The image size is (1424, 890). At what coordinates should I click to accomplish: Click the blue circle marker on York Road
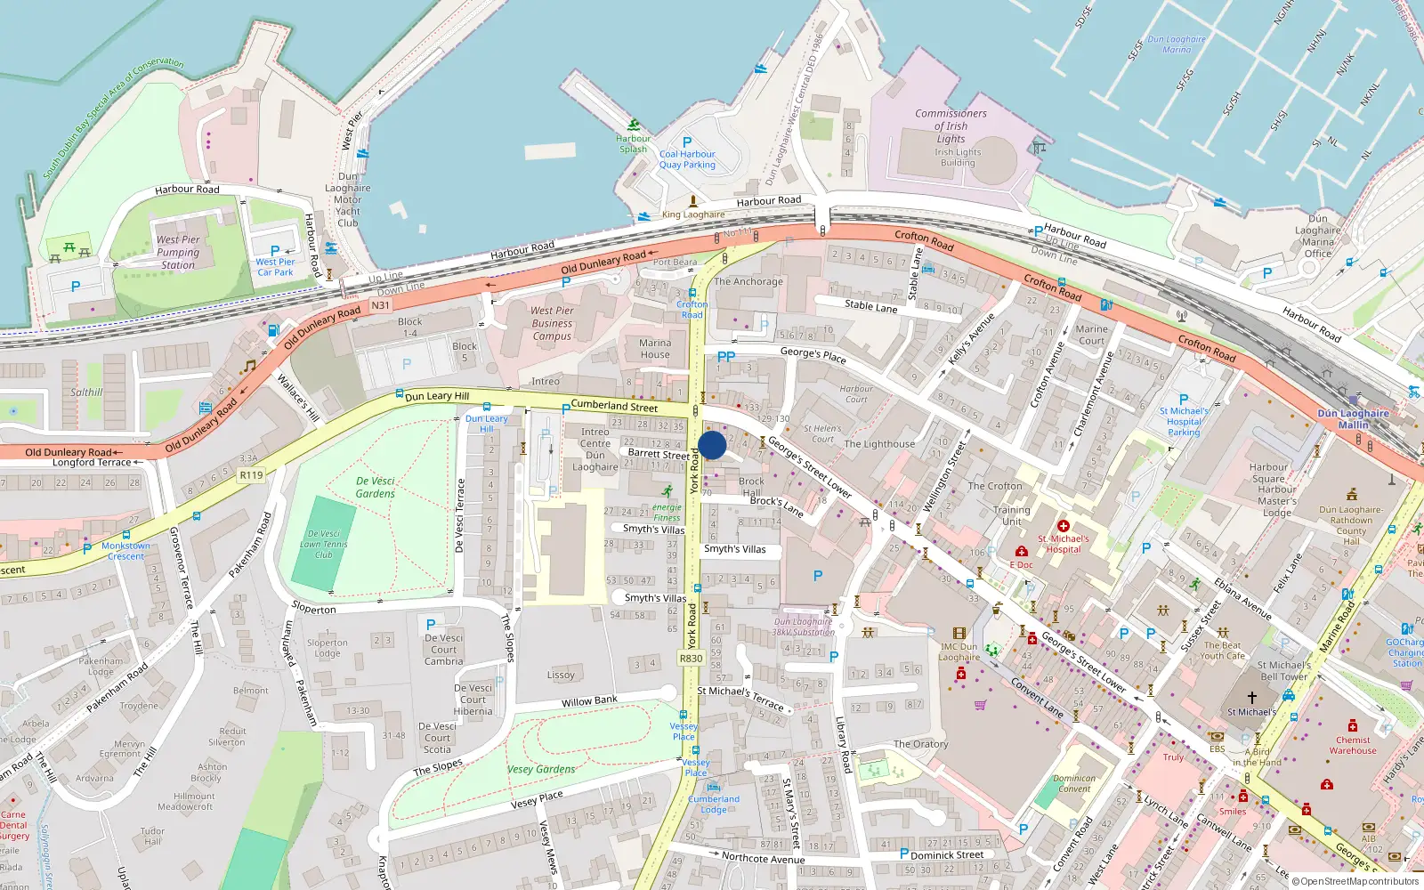pos(712,445)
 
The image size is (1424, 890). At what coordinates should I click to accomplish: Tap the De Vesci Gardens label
pos(376,487)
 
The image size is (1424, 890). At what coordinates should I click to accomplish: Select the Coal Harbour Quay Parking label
pos(687,159)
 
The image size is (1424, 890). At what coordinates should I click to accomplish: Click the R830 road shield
pos(691,659)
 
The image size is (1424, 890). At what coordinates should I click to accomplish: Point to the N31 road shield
pos(381,305)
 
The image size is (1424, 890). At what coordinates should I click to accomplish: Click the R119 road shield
pos(252,475)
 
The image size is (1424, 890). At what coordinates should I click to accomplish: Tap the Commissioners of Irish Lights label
pos(951,125)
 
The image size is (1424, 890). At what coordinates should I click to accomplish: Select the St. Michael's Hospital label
pos(1064,544)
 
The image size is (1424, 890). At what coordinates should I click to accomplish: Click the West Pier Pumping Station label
pos(178,252)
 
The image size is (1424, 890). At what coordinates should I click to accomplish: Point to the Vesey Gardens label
pos(541,769)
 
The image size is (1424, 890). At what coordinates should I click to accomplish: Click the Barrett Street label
pos(659,453)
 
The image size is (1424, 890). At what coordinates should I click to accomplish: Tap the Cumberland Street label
pos(614,406)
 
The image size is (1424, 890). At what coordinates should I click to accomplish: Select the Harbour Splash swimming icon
pos(633,125)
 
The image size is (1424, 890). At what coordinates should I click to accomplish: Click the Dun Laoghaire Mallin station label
pos(1353,418)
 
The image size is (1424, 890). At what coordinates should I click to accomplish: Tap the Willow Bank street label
pos(589,702)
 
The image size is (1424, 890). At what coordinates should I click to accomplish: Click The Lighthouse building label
pos(879,444)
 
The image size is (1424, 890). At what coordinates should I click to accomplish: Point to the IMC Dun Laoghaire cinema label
pos(959,651)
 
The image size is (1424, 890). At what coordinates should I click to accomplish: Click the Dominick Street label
pos(947,854)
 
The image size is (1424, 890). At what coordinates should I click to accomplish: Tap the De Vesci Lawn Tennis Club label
pos(324,544)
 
